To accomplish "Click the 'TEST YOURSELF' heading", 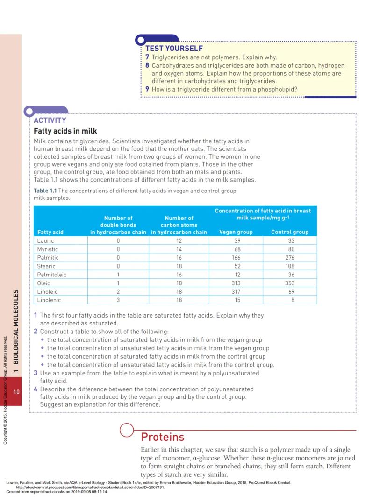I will click(x=174, y=48).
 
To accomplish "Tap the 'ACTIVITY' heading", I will click(x=50, y=120).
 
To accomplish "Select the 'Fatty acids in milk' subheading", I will click(x=65, y=131).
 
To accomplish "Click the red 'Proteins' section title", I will click(x=163, y=437).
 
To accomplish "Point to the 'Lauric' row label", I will click(x=45, y=240).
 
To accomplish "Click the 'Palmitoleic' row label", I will click(x=51, y=275).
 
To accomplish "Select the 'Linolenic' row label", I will click(x=49, y=300).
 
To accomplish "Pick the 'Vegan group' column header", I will click(x=236, y=232).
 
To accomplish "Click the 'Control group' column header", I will click(x=290, y=232).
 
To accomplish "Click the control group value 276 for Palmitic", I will click(x=292, y=257).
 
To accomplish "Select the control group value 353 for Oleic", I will click(x=292, y=283).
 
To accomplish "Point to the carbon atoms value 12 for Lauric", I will click(x=179, y=240).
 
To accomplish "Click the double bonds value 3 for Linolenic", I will click(x=118, y=300).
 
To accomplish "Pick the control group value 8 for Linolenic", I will click(x=293, y=300).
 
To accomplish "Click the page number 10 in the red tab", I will click(x=16, y=392).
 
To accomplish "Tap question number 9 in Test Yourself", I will click(x=147, y=90).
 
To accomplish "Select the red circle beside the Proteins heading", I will click(x=127, y=430).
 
